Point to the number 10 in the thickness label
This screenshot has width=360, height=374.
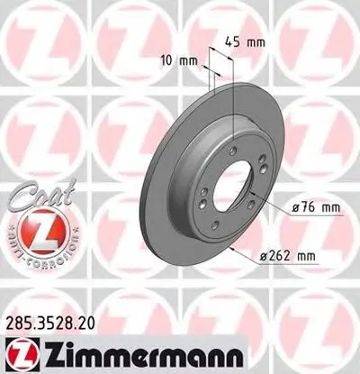[164, 60]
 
